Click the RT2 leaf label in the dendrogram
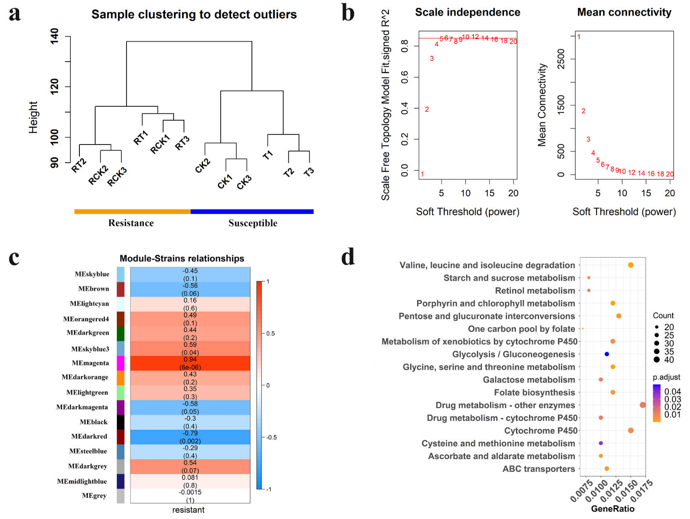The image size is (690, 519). (79, 165)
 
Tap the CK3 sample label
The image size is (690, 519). (244, 182)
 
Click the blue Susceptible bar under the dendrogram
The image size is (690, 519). (252, 211)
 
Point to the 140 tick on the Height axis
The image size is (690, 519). (55, 36)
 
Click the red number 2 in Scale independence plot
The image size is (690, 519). (427, 110)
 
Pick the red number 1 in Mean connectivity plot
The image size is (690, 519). (579, 37)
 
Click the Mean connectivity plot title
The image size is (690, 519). (624, 12)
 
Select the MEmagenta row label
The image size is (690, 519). (90, 363)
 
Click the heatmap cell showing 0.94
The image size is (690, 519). (190, 363)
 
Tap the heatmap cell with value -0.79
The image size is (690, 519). (190, 437)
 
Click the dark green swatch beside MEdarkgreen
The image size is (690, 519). (121, 333)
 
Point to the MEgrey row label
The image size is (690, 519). (94, 496)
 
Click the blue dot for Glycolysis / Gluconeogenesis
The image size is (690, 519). (607, 354)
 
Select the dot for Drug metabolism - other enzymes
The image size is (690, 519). (642, 405)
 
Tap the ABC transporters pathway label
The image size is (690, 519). (538, 469)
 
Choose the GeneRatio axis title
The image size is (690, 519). (612, 509)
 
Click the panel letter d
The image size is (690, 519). (348, 257)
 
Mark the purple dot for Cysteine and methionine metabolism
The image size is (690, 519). (601, 443)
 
